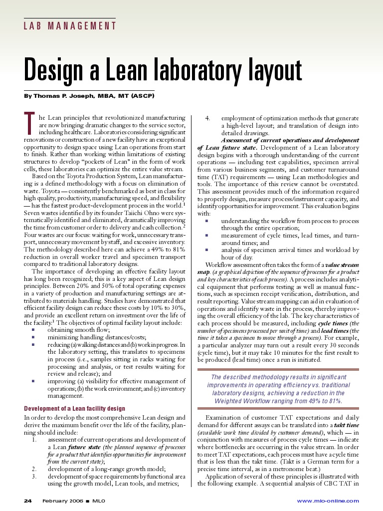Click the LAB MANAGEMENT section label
coord(70,26)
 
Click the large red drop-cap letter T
coord(29,124)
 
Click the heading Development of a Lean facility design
coord(75,409)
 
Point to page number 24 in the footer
coord(28,501)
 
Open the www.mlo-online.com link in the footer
coord(328,501)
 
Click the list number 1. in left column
coord(34,440)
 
